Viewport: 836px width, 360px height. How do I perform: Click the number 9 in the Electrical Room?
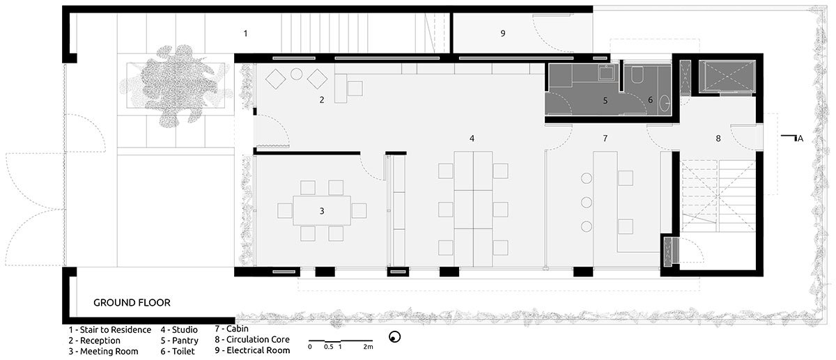(503, 33)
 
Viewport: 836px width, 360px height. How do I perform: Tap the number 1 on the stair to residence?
(245, 33)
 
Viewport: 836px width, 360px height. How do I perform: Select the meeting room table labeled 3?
(322, 211)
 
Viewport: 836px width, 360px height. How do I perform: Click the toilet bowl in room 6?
(637, 75)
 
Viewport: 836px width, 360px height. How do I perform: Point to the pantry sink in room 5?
(608, 72)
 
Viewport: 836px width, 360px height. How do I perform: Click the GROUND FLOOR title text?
(132, 302)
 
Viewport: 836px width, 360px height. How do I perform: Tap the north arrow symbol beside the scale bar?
(394, 337)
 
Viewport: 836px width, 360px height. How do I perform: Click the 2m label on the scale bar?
(368, 347)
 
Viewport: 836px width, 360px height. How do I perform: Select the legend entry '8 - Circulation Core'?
(252, 340)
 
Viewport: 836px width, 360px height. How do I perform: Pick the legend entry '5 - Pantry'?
(180, 341)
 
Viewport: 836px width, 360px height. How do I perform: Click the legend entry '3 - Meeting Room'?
(103, 352)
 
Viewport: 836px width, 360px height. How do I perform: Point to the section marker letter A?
(800, 139)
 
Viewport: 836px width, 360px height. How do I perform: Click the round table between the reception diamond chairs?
(296, 74)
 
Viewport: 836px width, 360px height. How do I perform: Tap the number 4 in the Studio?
(472, 139)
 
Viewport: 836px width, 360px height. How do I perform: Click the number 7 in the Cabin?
(605, 139)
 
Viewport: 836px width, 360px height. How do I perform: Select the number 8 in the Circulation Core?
(718, 139)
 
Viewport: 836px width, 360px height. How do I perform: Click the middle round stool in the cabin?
(587, 203)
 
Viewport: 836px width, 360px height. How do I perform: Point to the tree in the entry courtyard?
(175, 86)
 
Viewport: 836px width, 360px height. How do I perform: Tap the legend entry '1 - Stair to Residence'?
(110, 330)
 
